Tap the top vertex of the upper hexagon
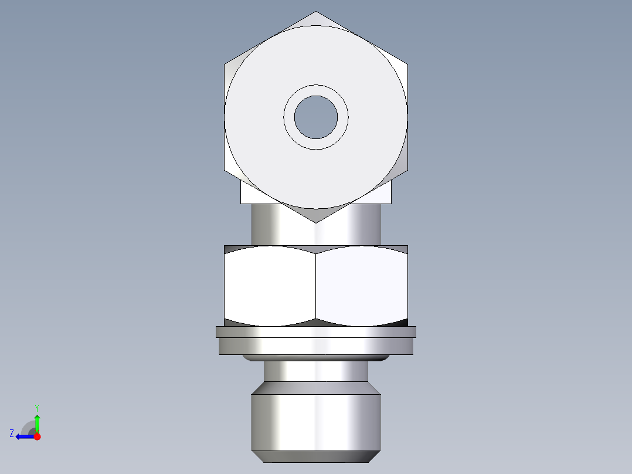click(x=316, y=12)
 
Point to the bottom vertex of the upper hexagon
click(x=316, y=221)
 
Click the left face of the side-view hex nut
click(x=270, y=285)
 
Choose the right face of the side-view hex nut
click(x=361, y=285)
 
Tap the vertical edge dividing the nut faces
click(x=316, y=285)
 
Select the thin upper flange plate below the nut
click(x=316, y=332)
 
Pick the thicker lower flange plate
click(x=316, y=346)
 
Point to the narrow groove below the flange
click(x=316, y=371)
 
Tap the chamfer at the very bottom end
click(x=316, y=456)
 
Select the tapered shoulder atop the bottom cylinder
click(x=316, y=388)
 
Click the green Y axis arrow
click(x=37, y=421)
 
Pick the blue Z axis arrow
click(x=23, y=436)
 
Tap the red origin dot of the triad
click(x=37, y=436)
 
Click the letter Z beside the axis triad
click(x=12, y=434)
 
